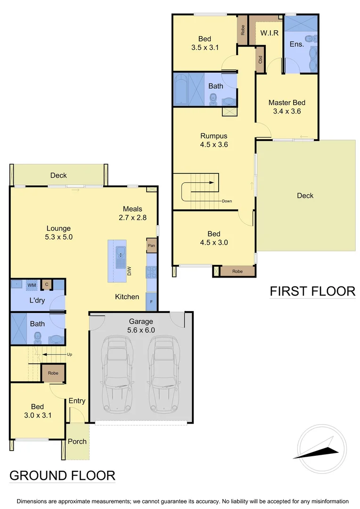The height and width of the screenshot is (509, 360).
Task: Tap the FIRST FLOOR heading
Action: coord(312,291)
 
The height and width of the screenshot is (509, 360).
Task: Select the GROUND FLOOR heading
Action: coord(62,475)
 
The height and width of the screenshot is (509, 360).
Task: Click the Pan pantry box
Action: coord(151,246)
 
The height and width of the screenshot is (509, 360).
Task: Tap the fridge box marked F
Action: coord(151,302)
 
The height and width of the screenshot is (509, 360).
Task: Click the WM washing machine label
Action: coord(31,285)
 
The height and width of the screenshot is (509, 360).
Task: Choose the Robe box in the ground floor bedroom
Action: coord(53,373)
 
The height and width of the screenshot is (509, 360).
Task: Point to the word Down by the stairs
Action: coord(227,201)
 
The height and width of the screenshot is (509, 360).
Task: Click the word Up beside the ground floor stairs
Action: coord(70,354)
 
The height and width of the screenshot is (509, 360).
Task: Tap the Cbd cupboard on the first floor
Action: coord(260,60)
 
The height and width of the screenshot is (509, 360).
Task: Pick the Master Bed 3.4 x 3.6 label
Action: coord(286,107)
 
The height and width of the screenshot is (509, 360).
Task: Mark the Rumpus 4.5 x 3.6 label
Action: coord(213,140)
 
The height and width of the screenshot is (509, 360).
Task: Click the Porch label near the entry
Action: coord(77,442)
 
